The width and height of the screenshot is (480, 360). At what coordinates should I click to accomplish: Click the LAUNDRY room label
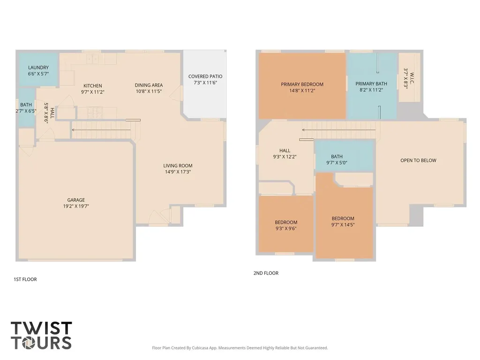(x=38, y=67)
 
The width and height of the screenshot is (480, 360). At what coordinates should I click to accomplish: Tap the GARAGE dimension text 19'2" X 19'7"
(x=76, y=206)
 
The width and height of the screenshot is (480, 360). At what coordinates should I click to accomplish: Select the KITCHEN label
(x=93, y=86)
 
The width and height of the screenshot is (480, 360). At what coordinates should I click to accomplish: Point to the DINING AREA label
(x=149, y=85)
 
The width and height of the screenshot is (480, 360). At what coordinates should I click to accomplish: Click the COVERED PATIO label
(x=205, y=76)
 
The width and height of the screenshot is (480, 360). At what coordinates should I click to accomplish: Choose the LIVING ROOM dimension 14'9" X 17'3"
(x=178, y=172)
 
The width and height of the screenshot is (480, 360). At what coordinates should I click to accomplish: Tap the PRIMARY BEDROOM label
(x=302, y=84)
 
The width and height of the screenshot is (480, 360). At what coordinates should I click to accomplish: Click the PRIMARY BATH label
(x=371, y=84)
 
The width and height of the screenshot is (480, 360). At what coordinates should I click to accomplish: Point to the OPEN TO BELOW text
(x=419, y=160)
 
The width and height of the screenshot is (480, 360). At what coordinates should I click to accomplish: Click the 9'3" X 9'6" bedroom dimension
(x=286, y=229)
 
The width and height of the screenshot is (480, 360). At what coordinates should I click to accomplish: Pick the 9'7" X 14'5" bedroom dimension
(x=343, y=225)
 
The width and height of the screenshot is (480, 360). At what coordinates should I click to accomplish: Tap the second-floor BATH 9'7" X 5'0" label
(x=337, y=160)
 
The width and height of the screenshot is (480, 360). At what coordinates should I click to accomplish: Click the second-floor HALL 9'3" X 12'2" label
(x=285, y=154)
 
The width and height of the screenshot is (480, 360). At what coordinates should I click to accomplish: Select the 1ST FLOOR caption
(x=25, y=279)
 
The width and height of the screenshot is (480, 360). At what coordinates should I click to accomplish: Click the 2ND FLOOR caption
(x=266, y=273)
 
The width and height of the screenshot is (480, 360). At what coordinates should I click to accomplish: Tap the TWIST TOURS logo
(x=41, y=335)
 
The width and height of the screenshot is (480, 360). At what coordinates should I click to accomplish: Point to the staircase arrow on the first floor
(x=101, y=130)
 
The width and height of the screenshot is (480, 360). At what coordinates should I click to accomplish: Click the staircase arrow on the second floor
(x=338, y=130)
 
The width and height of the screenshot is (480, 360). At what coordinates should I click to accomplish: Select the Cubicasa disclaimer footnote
(x=240, y=348)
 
